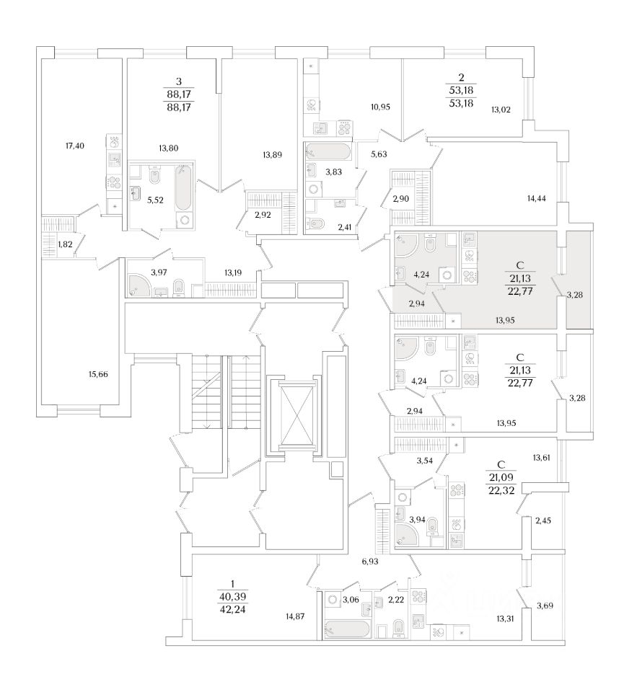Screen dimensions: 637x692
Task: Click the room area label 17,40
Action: (x=75, y=146)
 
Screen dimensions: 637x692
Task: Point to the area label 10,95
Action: (x=379, y=107)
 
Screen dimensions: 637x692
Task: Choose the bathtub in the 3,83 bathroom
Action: (x=328, y=152)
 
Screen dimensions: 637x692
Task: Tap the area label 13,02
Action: (x=501, y=110)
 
